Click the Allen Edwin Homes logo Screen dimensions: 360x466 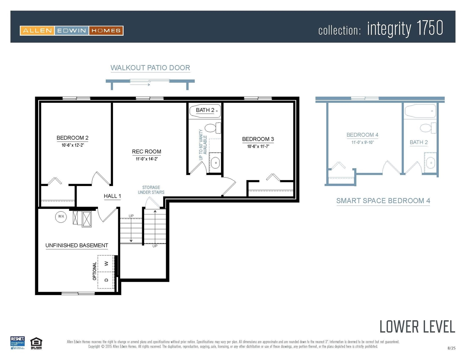click(x=72, y=30)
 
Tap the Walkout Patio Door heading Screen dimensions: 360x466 click(x=150, y=68)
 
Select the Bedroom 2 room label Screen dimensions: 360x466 click(x=72, y=138)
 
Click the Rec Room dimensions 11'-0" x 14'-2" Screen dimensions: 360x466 click(x=147, y=159)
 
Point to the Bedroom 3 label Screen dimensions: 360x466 click(x=258, y=139)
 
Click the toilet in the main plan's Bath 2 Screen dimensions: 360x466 click(x=212, y=128)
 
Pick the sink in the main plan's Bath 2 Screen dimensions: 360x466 click(x=215, y=163)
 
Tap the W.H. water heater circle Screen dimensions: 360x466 click(x=61, y=217)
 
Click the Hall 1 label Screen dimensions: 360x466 click(x=112, y=196)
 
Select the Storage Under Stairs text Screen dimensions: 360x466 click(x=151, y=190)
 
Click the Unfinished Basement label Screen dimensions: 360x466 click(x=77, y=246)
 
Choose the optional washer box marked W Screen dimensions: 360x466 click(x=106, y=264)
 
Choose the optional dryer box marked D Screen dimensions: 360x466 click(x=106, y=280)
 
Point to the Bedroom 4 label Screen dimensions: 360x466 click(x=362, y=135)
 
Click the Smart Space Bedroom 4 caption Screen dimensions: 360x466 click(x=383, y=201)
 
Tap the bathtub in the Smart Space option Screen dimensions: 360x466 click(x=420, y=111)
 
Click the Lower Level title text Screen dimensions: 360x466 click(x=417, y=327)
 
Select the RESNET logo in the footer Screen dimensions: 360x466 click(x=17, y=343)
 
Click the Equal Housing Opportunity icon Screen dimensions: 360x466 click(x=36, y=343)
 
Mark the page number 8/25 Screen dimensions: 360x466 click(x=451, y=348)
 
